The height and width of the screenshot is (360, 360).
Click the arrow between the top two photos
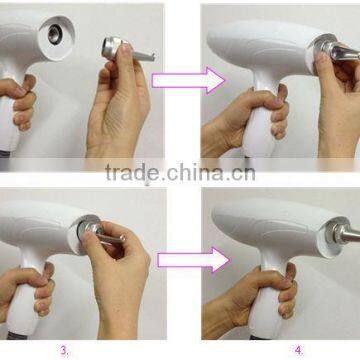point(189,80)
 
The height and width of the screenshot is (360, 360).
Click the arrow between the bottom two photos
point(193,260)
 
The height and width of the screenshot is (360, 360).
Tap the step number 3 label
point(64,350)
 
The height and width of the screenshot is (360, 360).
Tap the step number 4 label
point(298,350)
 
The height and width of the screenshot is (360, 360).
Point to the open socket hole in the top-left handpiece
point(55,35)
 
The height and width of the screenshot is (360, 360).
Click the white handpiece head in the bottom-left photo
point(40,227)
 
